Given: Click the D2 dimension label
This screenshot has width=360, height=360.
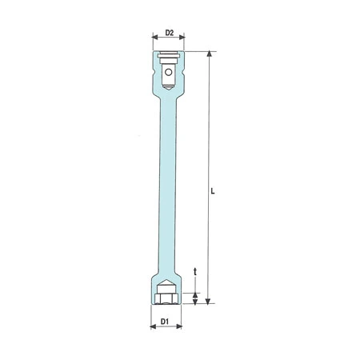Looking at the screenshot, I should (169, 33).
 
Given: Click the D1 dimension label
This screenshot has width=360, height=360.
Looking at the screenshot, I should (164, 321).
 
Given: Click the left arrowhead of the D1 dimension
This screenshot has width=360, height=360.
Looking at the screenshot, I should (153, 328).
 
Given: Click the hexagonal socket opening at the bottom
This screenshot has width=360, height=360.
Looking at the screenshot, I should (166, 298).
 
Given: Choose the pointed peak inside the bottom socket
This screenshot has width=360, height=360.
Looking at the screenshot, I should (166, 282).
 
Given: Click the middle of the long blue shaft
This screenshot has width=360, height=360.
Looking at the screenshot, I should (167, 184).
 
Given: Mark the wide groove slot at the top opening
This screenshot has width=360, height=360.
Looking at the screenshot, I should (168, 57).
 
